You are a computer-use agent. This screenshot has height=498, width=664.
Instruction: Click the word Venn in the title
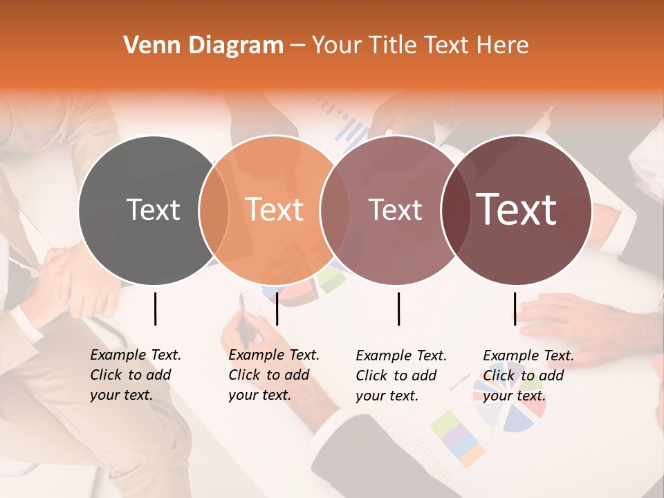pos(148,46)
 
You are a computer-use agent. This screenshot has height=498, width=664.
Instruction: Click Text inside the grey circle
pos(153,210)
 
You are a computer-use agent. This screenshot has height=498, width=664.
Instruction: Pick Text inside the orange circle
pos(275,210)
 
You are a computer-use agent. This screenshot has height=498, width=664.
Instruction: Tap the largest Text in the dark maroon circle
pos(517,210)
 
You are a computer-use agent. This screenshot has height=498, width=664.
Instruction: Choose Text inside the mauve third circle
pos(395,210)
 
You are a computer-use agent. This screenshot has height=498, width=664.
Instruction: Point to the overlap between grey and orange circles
pos(214,210)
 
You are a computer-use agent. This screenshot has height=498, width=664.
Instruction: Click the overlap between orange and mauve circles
pos(335,210)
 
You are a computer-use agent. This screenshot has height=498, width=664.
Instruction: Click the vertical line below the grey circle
pos(155,308)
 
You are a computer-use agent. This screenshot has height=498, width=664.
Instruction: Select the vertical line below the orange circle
pos(277,308)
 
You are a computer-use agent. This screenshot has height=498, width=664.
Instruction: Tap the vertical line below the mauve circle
pos(398,308)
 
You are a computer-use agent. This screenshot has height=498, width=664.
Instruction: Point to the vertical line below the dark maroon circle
pos(515,308)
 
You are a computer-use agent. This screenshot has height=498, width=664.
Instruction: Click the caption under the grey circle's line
pos(135,375)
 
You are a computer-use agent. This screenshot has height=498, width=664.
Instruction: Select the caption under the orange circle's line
pos(273,375)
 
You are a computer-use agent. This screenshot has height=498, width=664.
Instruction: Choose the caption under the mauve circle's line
pos(400,376)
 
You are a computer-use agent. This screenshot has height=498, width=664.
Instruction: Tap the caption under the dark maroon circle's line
pos(528,376)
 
